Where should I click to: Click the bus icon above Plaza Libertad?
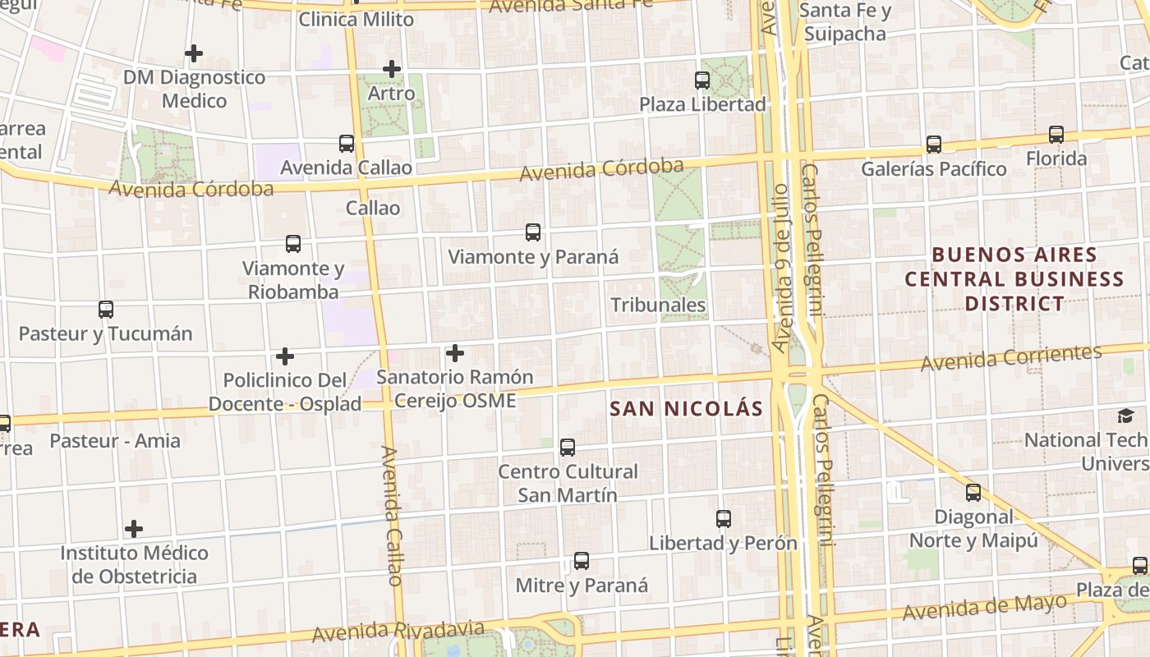[x=702, y=80]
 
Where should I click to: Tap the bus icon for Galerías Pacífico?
[x=934, y=145]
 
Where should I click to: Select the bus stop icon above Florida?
[x=1056, y=135]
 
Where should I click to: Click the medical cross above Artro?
[x=392, y=69]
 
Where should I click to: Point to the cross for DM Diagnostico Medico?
[x=194, y=54]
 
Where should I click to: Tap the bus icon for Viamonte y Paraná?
[x=533, y=232]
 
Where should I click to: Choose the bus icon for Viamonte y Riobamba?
[x=293, y=244]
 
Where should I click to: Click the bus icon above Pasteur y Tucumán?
[x=106, y=310]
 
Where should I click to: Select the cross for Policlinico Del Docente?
[x=285, y=356]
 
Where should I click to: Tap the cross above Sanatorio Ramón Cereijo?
[x=455, y=354]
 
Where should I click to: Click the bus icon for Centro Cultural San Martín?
[x=568, y=448]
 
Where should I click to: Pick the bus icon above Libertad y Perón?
[x=724, y=519]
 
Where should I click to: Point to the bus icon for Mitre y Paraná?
[x=582, y=561]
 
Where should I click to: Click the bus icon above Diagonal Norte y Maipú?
[x=973, y=493]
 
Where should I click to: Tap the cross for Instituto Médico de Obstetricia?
[x=134, y=529]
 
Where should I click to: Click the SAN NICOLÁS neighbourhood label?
[x=687, y=408]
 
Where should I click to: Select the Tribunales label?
[x=658, y=305]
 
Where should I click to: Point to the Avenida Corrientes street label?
[x=1010, y=358]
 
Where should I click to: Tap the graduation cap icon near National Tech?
[x=1125, y=416]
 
